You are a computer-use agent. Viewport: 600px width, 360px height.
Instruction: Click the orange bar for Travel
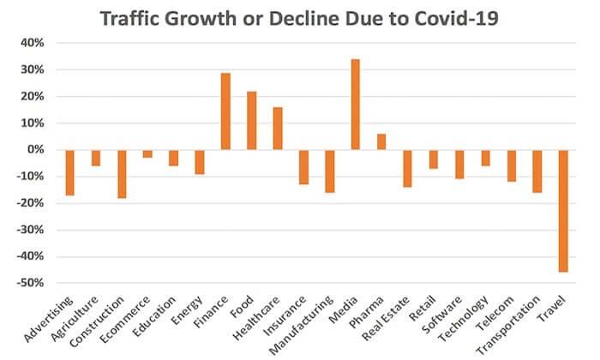[x=563, y=211]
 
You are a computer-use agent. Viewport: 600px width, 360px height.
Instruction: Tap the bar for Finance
[x=226, y=111]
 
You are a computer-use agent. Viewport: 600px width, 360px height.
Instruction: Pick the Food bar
[x=252, y=121]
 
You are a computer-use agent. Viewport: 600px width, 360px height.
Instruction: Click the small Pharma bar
[x=381, y=141]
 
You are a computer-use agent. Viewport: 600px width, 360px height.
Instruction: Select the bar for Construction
[x=123, y=174]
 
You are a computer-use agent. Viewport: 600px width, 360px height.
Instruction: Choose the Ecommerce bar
[x=148, y=153]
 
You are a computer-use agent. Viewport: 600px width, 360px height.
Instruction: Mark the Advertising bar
[x=70, y=172]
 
